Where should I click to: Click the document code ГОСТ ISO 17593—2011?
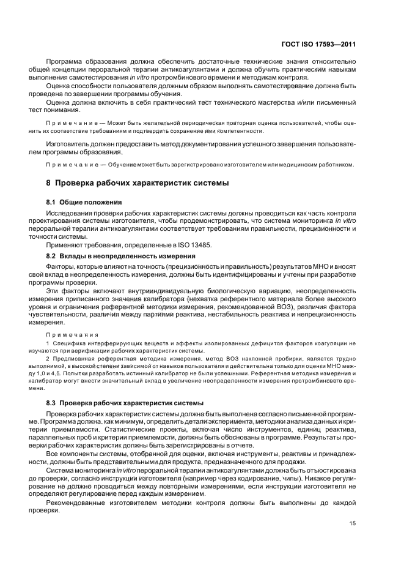(x=320, y=44)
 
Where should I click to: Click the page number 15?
(x=353, y=523)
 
